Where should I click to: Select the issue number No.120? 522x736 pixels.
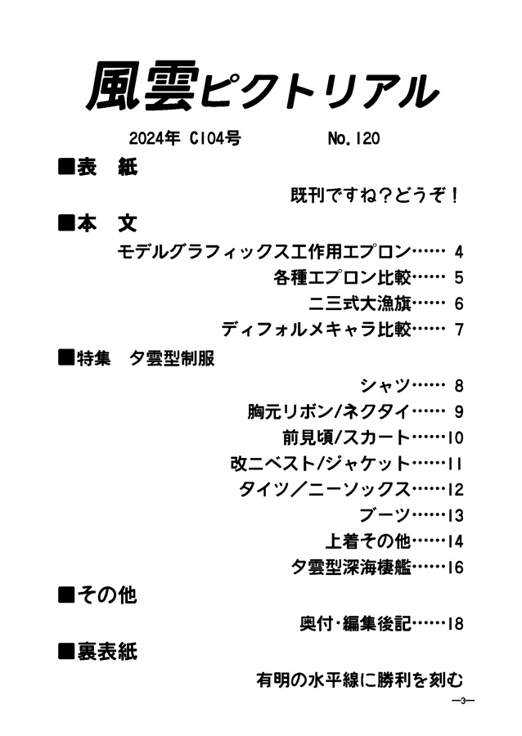click(353, 138)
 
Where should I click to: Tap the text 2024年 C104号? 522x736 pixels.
click(185, 138)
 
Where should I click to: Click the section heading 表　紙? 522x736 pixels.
click(107, 167)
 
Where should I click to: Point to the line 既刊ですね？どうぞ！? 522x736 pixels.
click(375, 195)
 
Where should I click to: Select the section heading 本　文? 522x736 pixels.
click(107, 223)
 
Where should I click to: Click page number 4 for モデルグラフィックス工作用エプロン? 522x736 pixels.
click(459, 252)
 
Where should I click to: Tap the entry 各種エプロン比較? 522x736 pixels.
click(342, 277)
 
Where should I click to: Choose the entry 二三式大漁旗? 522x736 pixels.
click(360, 303)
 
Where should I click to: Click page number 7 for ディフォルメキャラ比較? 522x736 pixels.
click(459, 330)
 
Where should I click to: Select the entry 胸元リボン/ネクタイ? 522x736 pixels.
click(330, 411)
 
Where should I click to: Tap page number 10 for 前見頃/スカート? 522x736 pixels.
click(455, 438)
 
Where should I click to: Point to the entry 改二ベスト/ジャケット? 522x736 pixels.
click(321, 464)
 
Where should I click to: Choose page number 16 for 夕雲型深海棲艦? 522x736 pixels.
click(455, 567)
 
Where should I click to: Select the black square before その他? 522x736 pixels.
click(66, 595)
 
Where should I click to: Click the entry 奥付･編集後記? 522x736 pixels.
click(356, 623)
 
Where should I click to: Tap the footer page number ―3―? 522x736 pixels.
click(462, 702)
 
